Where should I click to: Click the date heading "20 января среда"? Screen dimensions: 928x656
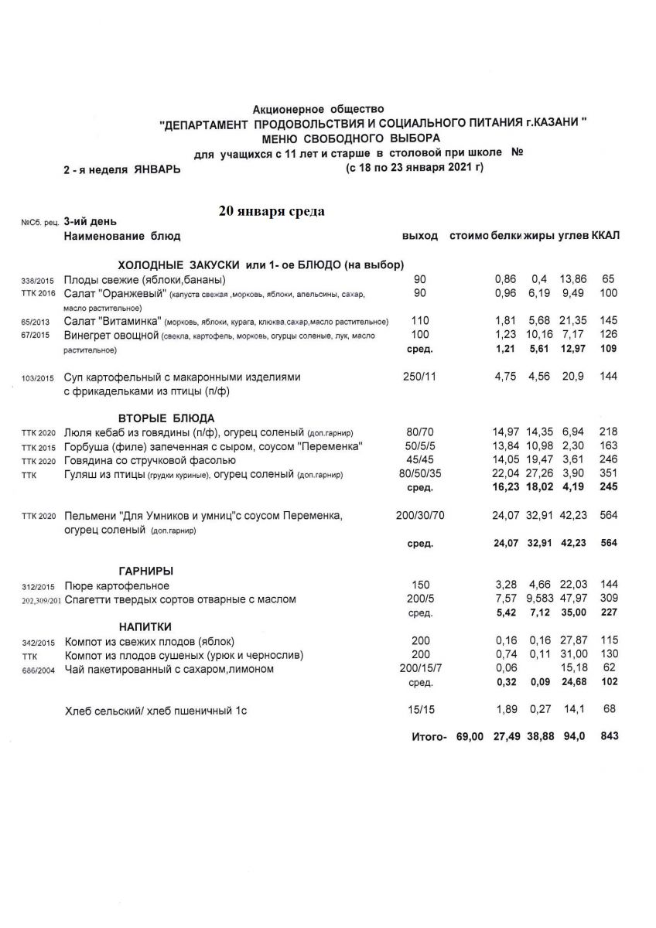click(272, 210)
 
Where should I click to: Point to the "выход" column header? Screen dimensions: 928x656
click(420, 235)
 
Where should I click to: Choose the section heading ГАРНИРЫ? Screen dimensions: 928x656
click(145, 571)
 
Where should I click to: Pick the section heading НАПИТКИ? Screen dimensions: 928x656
click(145, 626)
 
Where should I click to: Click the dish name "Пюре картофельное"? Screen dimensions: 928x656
click(117, 585)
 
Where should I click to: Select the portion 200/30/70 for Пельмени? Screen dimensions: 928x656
click(421, 515)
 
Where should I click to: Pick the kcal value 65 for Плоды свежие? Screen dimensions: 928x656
click(609, 279)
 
